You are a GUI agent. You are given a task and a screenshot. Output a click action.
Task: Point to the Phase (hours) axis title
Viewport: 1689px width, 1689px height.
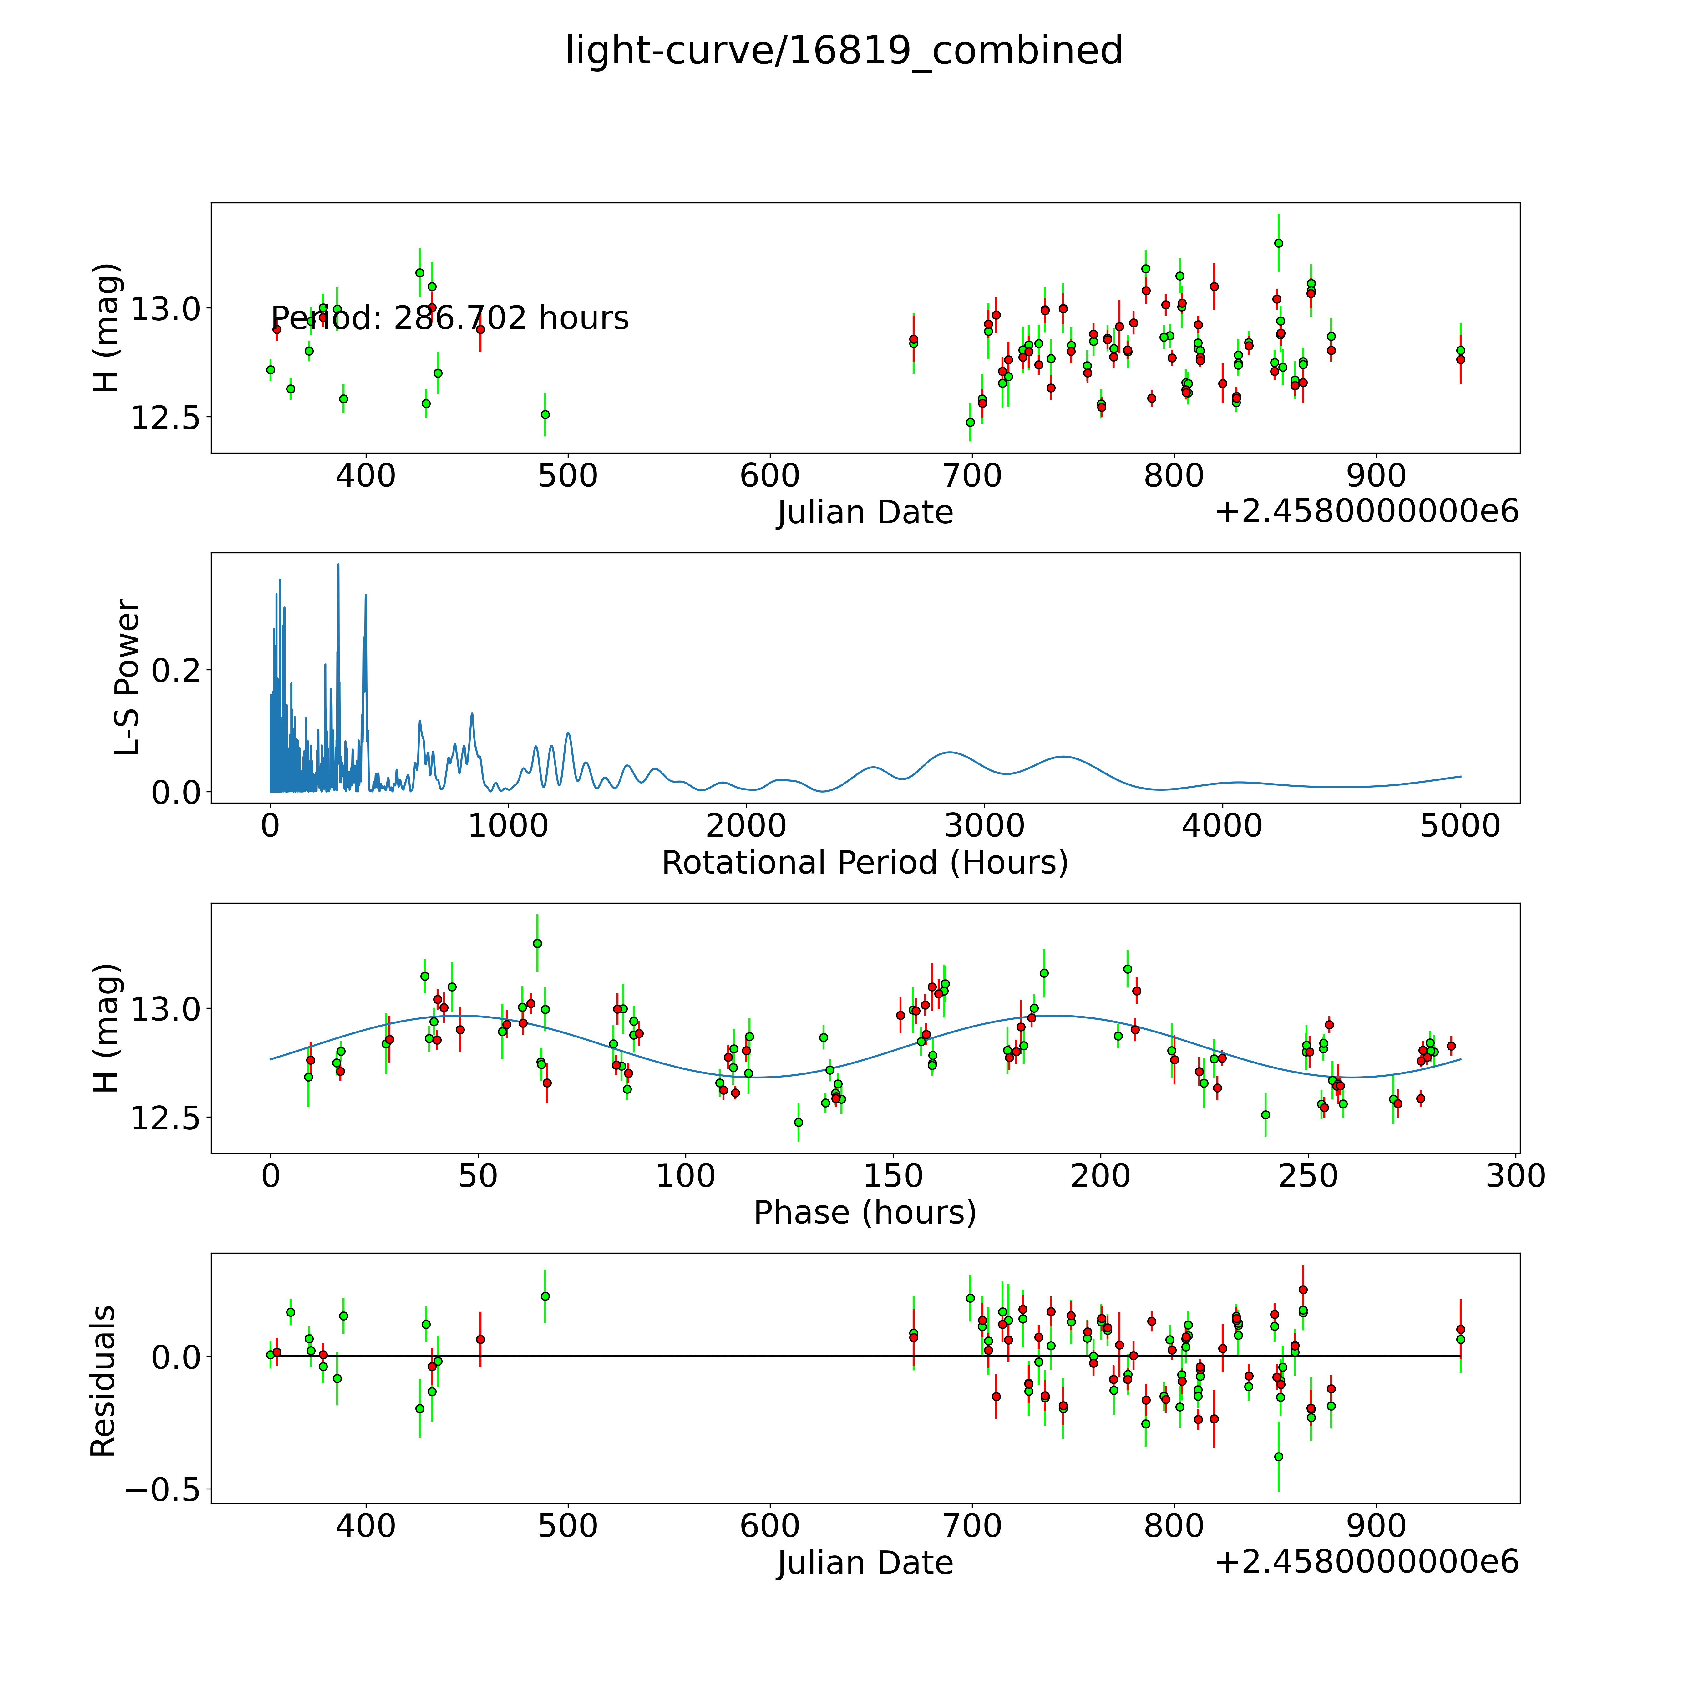point(865,1213)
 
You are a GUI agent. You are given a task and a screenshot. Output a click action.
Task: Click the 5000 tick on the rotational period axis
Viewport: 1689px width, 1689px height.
point(1460,825)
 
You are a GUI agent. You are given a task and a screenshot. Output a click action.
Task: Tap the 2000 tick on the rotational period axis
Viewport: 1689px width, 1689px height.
point(746,825)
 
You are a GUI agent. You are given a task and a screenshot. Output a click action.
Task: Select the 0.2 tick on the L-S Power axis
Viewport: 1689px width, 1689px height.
point(176,671)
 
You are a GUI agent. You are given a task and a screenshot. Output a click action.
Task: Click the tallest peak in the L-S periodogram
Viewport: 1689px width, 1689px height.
point(338,565)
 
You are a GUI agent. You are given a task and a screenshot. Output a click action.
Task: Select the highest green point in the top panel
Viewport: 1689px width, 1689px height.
point(1278,243)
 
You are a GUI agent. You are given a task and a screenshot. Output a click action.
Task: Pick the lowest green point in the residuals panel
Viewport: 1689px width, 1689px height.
point(1278,1457)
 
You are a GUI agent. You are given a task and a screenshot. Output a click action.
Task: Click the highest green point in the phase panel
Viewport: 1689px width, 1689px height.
point(537,943)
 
